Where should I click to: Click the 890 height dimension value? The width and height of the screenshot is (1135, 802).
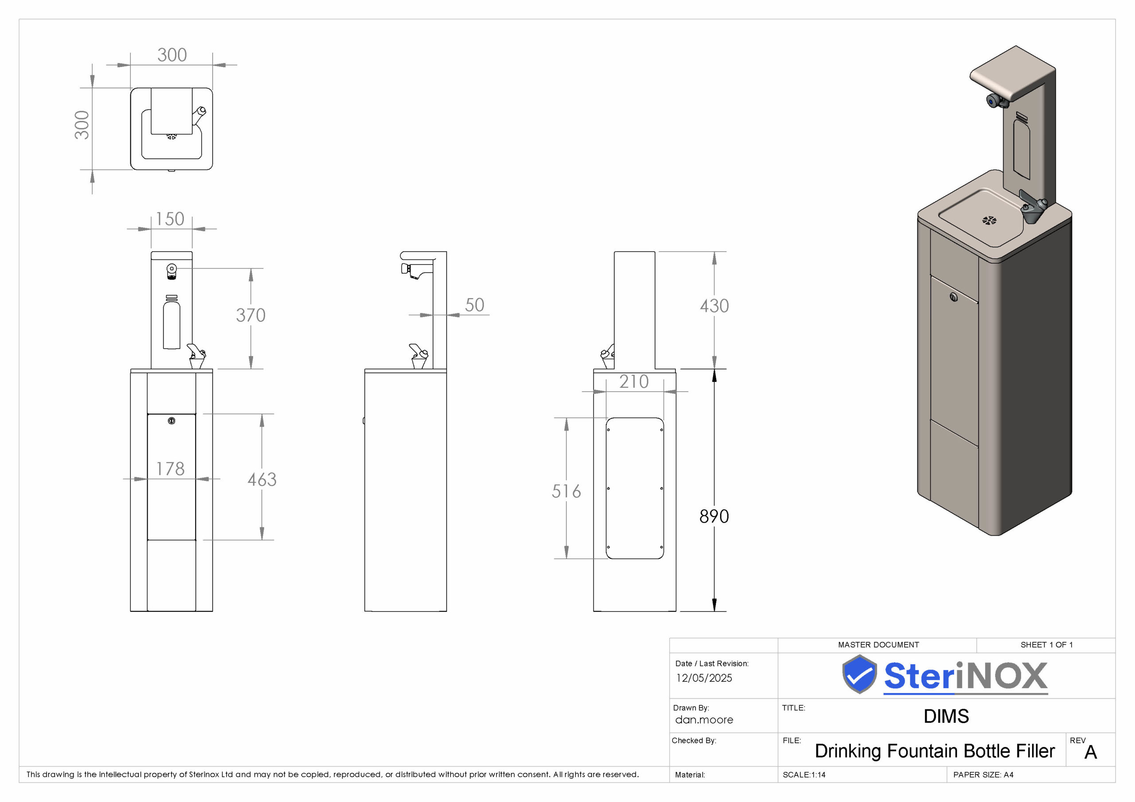point(714,516)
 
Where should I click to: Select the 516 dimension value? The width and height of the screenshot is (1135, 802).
point(566,491)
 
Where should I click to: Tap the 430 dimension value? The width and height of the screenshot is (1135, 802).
point(714,306)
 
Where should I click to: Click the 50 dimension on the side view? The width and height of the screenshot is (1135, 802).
point(474,305)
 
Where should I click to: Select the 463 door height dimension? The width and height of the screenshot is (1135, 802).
point(262,479)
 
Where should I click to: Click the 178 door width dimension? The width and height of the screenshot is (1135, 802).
point(171,468)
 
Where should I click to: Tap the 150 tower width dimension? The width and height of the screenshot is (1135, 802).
point(170,219)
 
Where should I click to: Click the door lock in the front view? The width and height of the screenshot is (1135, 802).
point(172,421)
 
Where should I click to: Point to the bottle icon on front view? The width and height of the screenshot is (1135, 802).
point(172,322)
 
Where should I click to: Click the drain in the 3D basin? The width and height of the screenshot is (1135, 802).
point(989,220)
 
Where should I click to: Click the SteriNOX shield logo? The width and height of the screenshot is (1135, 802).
point(860,674)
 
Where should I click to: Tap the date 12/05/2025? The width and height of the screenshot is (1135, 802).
point(704,678)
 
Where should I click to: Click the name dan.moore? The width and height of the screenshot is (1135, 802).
point(704,720)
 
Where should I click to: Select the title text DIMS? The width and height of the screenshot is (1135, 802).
point(946,716)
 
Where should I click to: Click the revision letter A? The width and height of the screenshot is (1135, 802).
point(1091,752)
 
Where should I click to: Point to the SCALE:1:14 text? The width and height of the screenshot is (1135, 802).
point(804,775)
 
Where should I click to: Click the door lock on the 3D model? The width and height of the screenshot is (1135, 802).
point(954,297)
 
